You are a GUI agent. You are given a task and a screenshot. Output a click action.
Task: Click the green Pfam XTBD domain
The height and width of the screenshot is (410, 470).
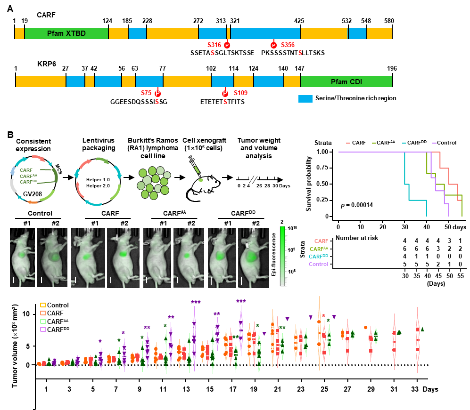pos(66,33)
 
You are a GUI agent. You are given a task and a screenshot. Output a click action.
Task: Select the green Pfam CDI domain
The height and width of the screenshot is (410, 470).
pos(346,81)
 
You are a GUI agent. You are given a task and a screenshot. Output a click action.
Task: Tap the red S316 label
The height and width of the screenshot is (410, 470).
pos(214,45)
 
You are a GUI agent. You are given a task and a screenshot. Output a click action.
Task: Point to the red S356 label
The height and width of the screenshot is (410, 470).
pos(288,45)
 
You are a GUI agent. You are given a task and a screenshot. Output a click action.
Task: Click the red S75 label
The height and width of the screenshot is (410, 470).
pos(146,93)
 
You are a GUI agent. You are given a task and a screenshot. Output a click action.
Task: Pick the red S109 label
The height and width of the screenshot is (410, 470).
pos(240,93)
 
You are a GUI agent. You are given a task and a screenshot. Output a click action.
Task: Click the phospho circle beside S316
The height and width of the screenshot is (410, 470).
pos(227,45)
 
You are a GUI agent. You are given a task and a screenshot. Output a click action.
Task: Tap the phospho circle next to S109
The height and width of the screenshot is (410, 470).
pos(225,93)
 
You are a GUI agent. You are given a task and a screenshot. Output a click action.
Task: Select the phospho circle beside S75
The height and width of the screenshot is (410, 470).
pos(157,93)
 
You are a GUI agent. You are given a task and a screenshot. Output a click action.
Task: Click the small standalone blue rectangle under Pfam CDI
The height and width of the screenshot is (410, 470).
pos(305,99)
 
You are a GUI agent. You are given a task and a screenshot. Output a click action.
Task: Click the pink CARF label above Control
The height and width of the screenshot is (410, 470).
pos(321,241)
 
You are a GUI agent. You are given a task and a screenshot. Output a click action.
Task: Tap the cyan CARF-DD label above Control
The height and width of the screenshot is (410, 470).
pos(318,257)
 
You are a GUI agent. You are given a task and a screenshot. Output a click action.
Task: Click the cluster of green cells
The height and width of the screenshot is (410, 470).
pos(153,183)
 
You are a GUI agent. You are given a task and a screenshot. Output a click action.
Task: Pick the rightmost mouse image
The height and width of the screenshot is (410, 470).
pos(254,257)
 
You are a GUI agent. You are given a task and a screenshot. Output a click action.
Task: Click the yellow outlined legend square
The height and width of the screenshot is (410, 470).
pos(43,305)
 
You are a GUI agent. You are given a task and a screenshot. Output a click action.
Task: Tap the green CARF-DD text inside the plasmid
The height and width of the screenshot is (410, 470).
pos(28,182)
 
